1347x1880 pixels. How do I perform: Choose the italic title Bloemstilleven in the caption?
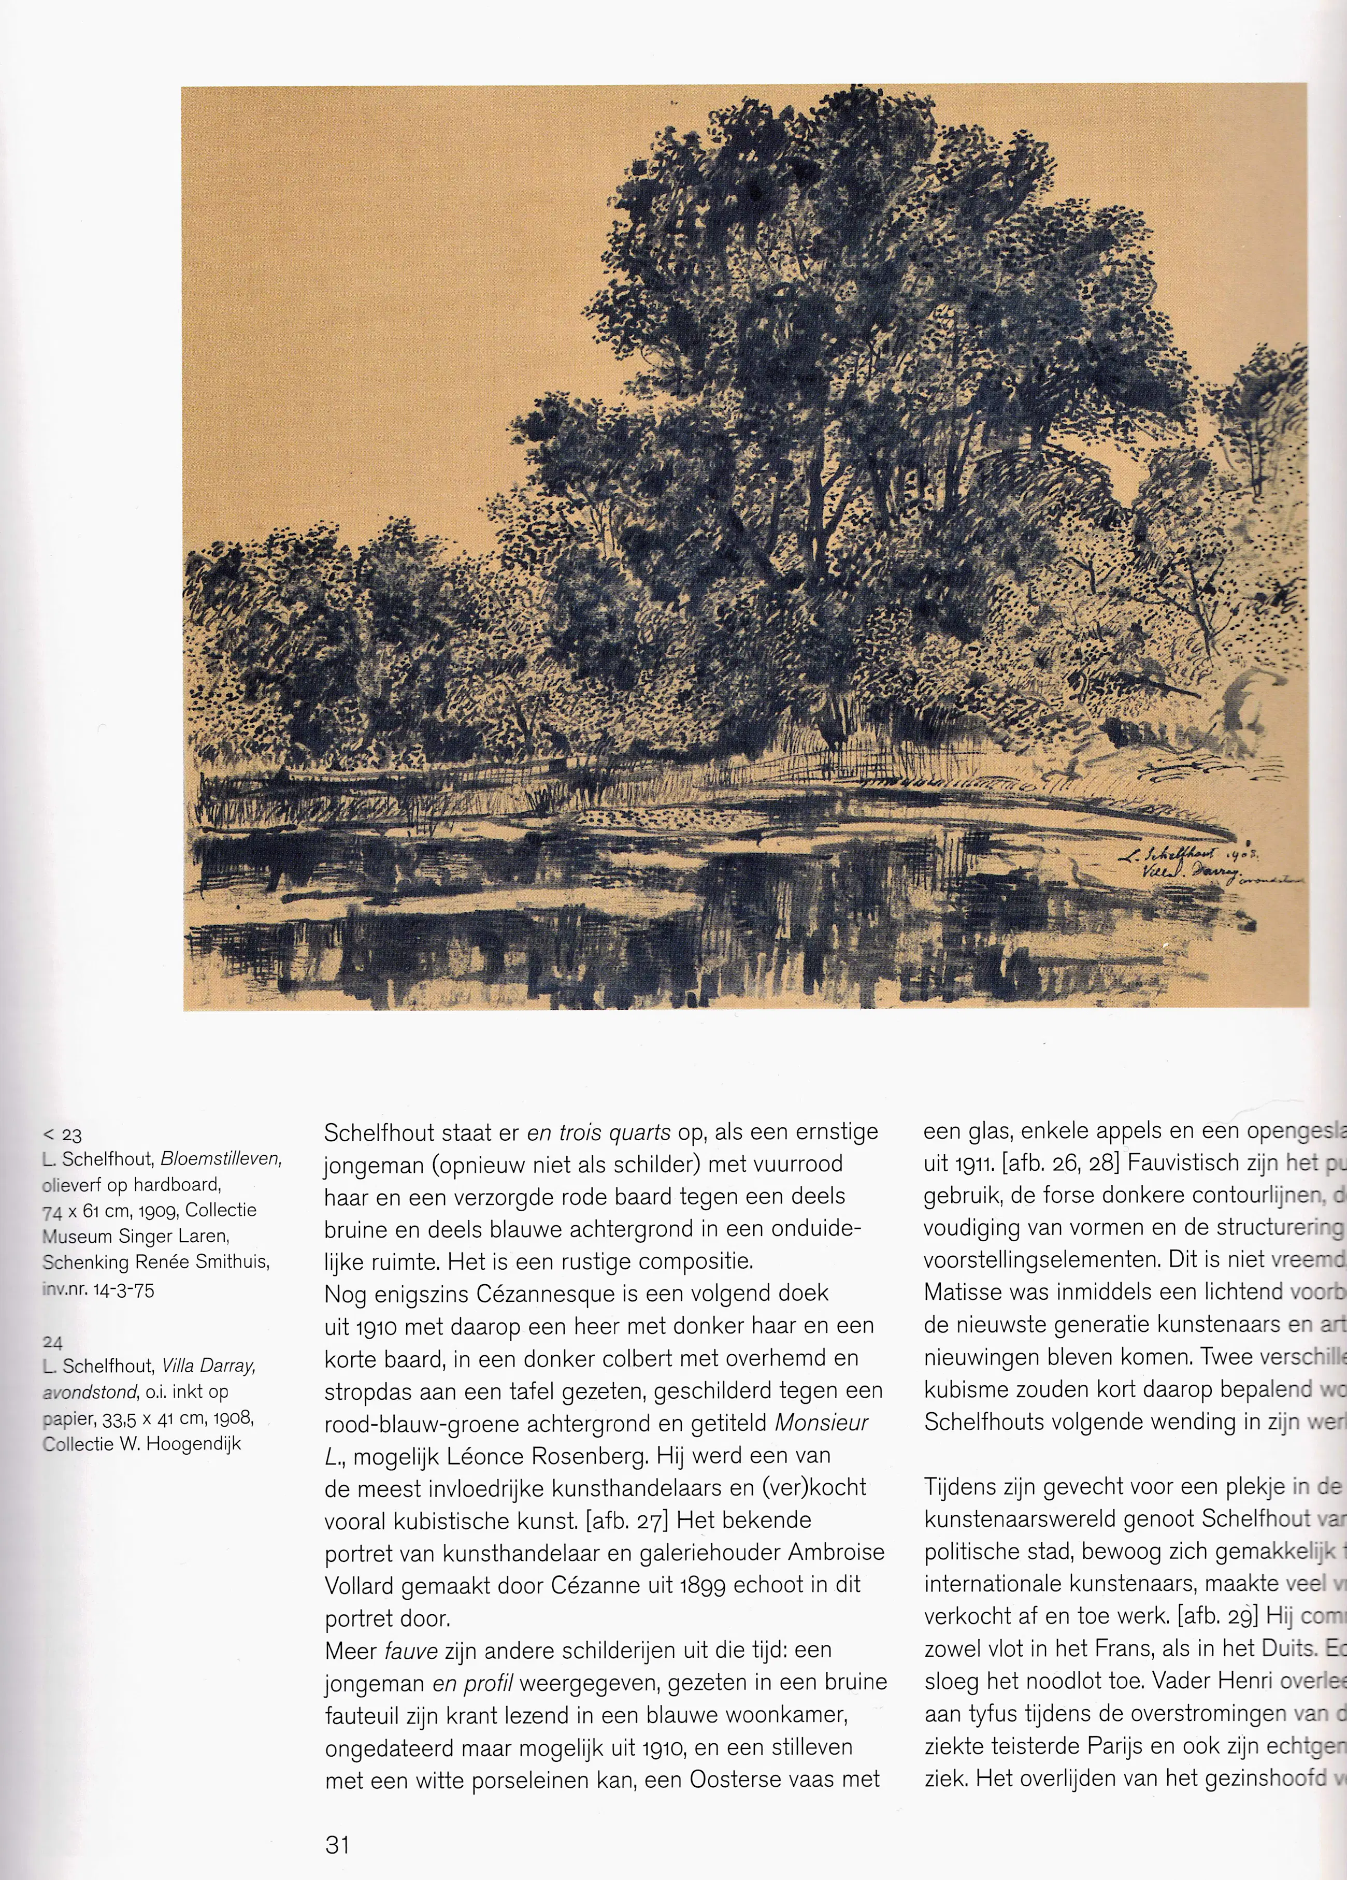(x=221, y=1159)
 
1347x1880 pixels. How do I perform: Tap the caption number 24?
(x=52, y=1342)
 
